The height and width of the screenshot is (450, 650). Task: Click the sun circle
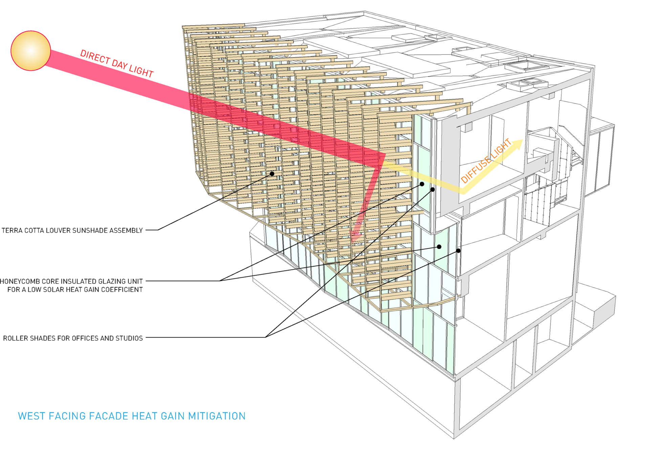tap(31, 51)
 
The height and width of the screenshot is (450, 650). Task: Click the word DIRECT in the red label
tap(95, 57)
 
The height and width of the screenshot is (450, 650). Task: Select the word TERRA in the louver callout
tap(12, 231)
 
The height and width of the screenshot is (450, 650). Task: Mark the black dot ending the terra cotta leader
tap(272, 174)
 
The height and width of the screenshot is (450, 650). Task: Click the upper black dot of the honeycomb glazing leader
tap(422, 184)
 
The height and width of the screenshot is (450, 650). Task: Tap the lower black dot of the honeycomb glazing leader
tap(439, 247)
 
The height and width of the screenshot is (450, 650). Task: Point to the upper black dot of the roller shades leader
tap(433, 189)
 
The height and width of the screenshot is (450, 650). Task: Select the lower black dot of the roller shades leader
tap(458, 251)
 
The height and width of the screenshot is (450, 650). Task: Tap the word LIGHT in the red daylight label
tap(141, 71)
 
